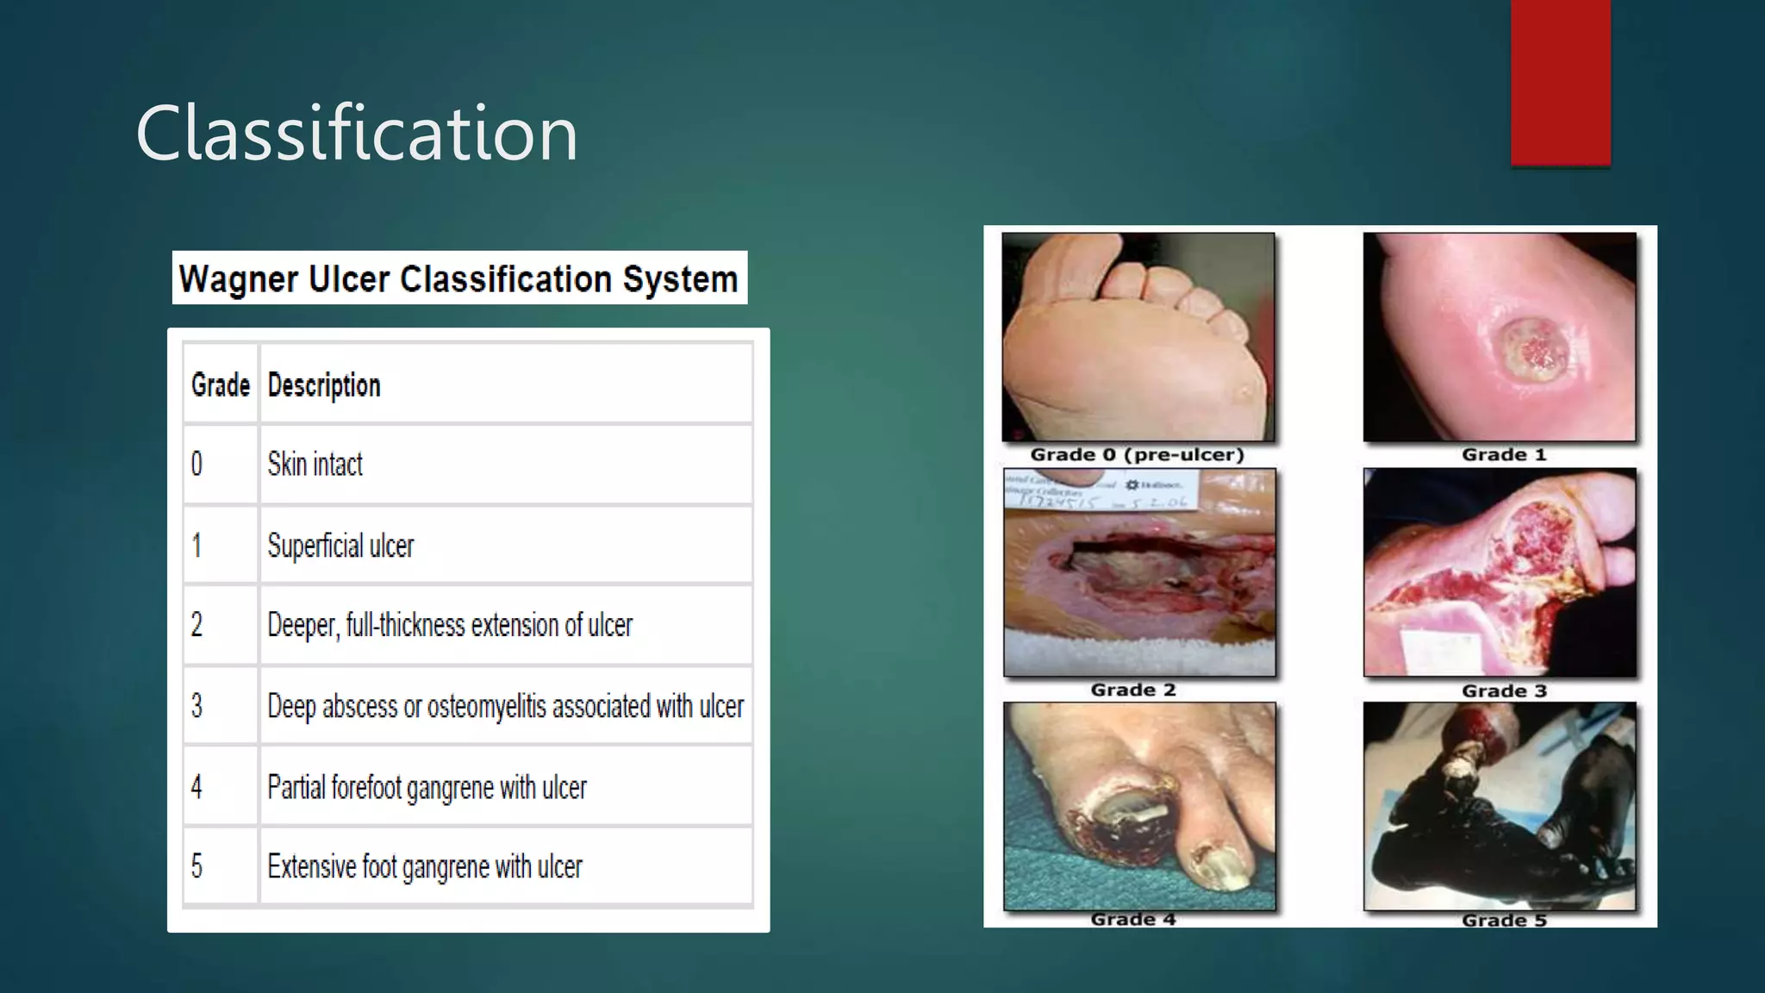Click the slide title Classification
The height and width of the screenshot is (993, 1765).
click(356, 133)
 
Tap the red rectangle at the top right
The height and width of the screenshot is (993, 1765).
click(1560, 82)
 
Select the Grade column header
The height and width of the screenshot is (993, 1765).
click(221, 385)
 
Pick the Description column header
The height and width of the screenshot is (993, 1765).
click(324, 385)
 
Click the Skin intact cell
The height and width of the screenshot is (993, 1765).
click(315, 465)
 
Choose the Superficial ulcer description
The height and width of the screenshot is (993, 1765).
click(340, 546)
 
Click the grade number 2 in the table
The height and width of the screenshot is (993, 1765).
click(197, 625)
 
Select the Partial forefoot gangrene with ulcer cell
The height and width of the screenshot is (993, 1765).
click(427, 787)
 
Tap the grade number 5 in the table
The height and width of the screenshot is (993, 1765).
click(197, 866)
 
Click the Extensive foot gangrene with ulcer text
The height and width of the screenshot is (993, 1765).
click(425, 866)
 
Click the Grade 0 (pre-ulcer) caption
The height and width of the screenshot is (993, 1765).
click(1138, 455)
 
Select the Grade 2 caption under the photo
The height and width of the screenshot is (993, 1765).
click(1133, 690)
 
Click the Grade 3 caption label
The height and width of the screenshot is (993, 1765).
click(1504, 690)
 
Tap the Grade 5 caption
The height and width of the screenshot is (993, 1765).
click(1504, 920)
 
